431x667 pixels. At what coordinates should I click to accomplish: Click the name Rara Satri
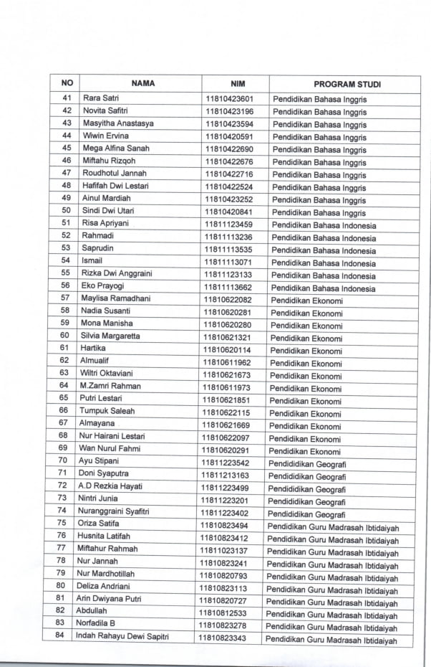(x=101, y=98)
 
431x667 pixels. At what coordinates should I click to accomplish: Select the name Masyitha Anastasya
(x=118, y=123)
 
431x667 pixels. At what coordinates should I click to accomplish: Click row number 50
(x=66, y=211)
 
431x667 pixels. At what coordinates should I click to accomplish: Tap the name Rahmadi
(x=97, y=236)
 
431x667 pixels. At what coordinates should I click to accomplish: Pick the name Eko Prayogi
(x=102, y=286)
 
